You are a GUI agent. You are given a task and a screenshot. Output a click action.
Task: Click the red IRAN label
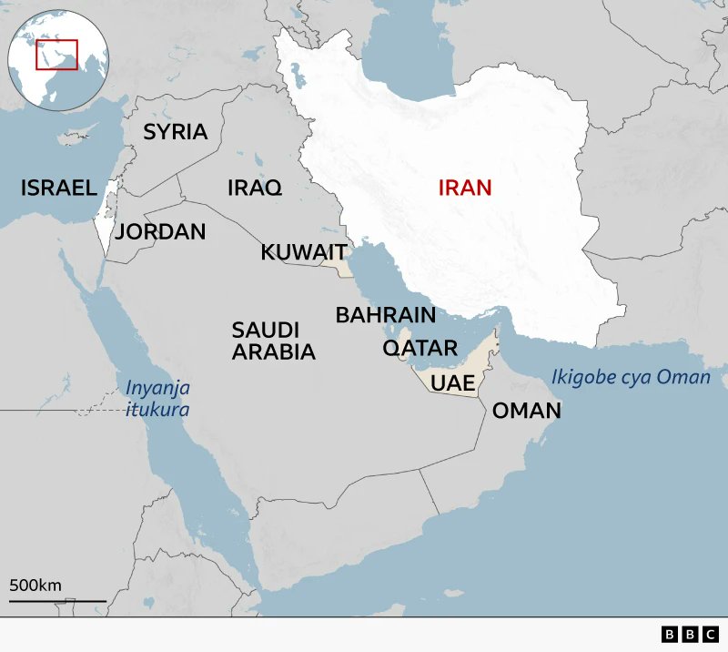tap(464, 188)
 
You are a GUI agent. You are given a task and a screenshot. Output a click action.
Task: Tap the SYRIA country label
tap(175, 131)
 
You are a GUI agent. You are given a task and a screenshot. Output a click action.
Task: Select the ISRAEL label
tap(58, 188)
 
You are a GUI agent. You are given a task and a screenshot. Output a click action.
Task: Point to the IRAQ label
tap(254, 188)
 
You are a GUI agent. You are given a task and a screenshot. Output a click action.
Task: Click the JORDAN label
tap(160, 231)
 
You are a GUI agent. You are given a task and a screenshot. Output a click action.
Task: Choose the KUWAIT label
tap(303, 252)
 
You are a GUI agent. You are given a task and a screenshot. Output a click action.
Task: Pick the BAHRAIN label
tap(385, 315)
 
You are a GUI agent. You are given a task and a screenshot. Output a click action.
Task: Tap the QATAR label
tap(420, 348)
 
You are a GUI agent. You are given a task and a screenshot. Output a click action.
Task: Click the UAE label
tap(452, 382)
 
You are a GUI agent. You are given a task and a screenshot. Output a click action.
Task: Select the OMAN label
tap(526, 411)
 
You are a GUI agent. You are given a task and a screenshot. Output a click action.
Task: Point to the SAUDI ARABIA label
tap(273, 340)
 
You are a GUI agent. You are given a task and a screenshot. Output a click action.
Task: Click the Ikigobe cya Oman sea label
tap(630, 377)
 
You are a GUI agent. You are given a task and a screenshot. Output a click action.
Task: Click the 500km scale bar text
tap(35, 585)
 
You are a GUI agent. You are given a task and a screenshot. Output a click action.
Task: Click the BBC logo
tap(691, 634)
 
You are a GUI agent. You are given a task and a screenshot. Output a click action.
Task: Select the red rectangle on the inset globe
tap(56, 55)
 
